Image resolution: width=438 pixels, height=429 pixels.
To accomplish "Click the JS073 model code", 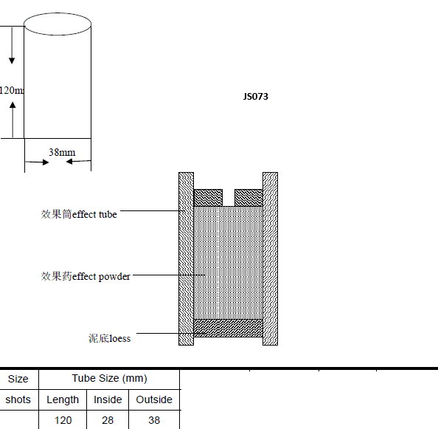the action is (x=256, y=97).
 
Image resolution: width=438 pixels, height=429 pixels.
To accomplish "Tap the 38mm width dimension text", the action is (x=62, y=152).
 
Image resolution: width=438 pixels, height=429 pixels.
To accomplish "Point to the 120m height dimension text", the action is (x=12, y=90).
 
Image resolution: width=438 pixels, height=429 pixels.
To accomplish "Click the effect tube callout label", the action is (x=79, y=214).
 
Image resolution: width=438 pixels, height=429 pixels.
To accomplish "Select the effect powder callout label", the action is (x=86, y=276).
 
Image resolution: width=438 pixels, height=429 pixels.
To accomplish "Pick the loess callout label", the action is (x=109, y=338).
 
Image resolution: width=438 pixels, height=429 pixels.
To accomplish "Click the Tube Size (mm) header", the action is (x=109, y=378).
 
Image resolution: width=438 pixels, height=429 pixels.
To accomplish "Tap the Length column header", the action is (x=63, y=399).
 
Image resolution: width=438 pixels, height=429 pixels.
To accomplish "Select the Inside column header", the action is (x=108, y=399).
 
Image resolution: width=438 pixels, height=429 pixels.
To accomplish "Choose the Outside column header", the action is (x=154, y=399).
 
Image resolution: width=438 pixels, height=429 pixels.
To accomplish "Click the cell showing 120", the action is (x=63, y=420).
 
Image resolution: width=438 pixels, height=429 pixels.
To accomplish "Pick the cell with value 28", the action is (x=108, y=420).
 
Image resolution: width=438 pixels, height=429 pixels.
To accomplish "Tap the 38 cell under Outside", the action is (x=154, y=420).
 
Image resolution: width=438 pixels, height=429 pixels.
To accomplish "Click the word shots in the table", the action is (x=18, y=399).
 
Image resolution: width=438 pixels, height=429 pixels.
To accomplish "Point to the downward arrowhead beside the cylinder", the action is (x=12, y=61).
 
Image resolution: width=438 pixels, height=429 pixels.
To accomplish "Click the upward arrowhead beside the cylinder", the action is (x=13, y=105).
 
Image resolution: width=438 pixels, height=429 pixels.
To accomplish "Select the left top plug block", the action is (x=208, y=198).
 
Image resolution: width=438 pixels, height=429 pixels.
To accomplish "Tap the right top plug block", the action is (x=248, y=198).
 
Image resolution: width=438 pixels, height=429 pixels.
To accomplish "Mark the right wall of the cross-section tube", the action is (x=270, y=258).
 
